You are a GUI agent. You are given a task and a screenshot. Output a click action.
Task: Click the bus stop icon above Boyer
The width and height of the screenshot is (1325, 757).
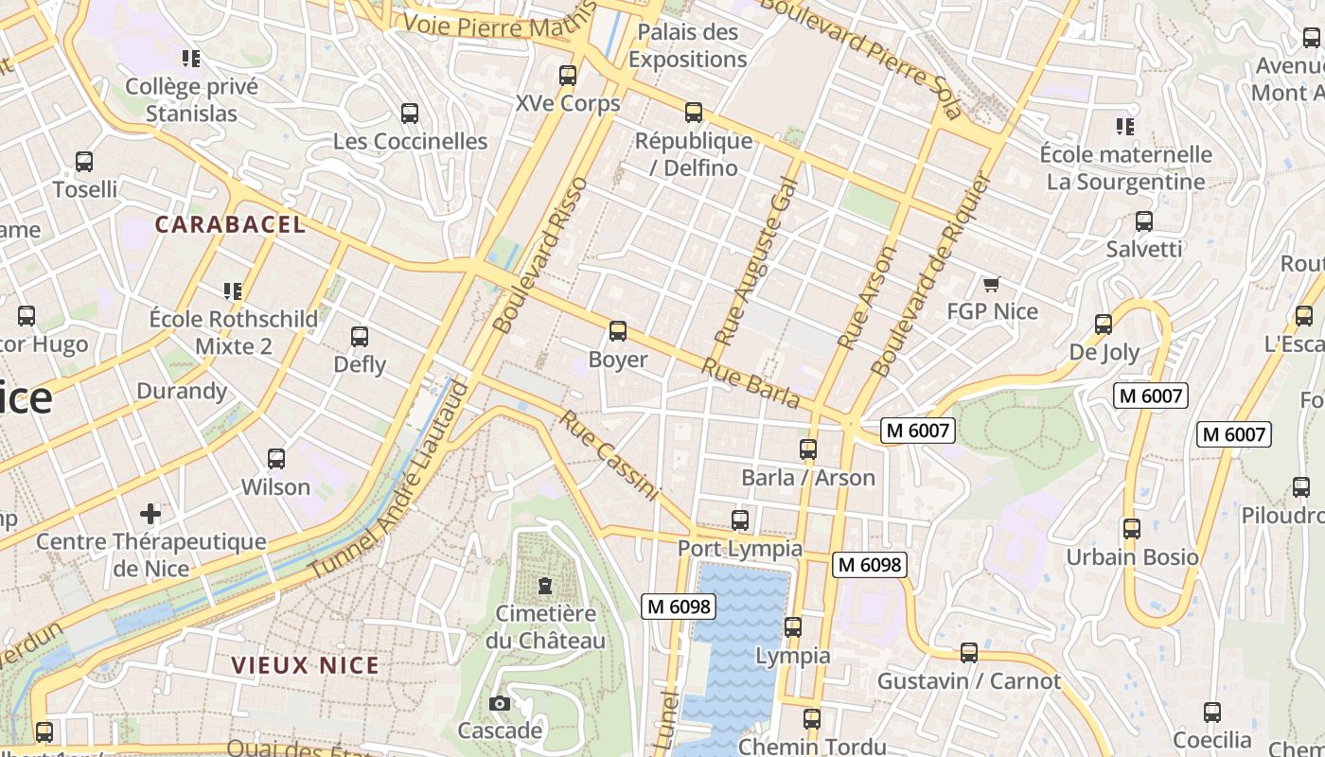618,331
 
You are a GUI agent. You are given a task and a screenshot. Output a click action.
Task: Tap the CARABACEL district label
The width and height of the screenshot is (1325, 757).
231,224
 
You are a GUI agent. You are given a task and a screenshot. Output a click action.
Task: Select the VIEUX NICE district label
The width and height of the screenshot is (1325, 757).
306,665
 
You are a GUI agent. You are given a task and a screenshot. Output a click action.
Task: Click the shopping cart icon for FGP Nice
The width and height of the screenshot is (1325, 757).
992,284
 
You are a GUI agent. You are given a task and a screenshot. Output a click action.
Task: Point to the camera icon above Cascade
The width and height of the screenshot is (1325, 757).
500,703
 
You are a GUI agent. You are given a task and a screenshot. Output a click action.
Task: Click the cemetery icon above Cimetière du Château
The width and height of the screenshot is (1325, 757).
544,586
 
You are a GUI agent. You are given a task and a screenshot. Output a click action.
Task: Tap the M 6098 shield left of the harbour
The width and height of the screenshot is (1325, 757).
679,607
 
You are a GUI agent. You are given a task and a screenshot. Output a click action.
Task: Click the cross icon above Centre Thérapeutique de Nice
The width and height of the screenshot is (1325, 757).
150,514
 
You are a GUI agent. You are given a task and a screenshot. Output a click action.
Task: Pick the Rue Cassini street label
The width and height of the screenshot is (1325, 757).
609,455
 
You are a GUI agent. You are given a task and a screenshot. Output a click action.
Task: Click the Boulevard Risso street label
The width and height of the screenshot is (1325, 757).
541,255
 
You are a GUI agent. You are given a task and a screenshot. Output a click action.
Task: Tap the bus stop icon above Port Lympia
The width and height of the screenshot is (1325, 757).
740,520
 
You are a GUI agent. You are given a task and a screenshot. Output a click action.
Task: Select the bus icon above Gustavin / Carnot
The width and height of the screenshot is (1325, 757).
969,653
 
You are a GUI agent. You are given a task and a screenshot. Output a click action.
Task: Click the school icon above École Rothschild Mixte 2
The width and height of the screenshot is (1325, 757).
233,290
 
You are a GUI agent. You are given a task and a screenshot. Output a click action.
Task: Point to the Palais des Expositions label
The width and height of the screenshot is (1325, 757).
687,45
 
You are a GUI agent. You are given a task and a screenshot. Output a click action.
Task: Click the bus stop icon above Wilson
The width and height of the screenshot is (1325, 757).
276,459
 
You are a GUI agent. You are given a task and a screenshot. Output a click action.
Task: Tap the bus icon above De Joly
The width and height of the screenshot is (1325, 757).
1104,325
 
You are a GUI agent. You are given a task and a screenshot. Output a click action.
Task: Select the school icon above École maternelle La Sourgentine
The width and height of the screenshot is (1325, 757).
1125,126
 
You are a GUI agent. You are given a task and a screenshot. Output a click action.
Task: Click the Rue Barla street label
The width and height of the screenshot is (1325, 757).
751,383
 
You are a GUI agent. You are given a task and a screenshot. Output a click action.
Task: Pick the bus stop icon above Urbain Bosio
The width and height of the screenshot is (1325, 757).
1132,529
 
